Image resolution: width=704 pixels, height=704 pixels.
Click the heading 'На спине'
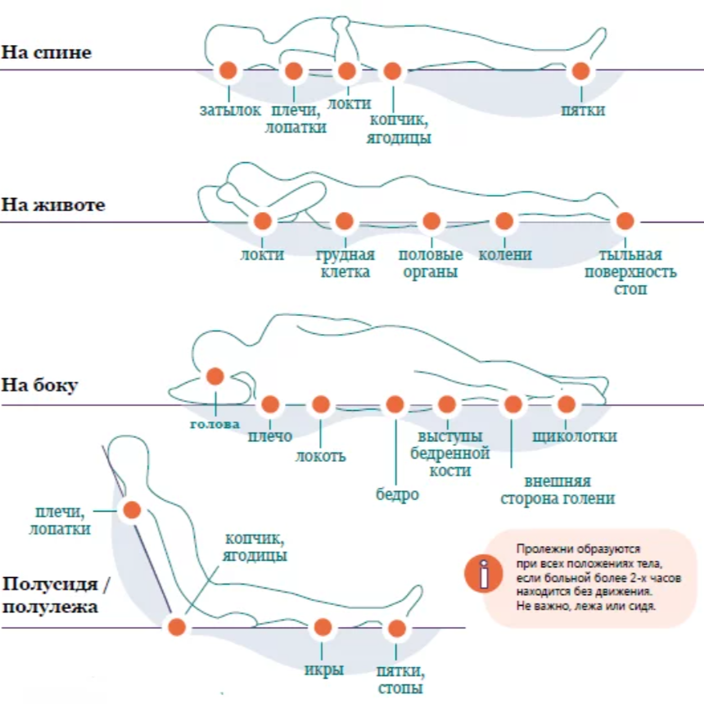(46, 52)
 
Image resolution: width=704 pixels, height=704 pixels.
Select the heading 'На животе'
(53, 205)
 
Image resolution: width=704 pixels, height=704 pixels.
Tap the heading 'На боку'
(39, 386)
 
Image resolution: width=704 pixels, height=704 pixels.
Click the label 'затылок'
(230, 110)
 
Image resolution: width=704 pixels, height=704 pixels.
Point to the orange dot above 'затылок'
(228, 70)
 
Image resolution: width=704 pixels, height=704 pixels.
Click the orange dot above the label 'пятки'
(580, 70)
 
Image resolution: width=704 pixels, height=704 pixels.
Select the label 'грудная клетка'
(345, 263)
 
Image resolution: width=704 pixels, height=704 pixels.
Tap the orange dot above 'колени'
(504, 221)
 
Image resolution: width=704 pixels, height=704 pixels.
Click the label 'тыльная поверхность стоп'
(630, 272)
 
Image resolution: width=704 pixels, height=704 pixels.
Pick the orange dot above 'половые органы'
(431, 221)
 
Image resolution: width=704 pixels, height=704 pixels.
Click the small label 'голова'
(215, 424)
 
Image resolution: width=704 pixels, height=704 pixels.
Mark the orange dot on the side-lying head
(215, 377)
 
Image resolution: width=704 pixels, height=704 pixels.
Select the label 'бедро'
(397, 494)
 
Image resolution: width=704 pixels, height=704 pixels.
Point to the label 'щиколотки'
(575, 436)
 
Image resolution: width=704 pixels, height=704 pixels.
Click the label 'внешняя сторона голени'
(557, 490)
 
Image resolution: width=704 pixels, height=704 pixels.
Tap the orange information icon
(484, 573)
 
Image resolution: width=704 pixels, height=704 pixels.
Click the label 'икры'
(324, 670)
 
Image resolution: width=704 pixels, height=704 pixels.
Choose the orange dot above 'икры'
(323, 627)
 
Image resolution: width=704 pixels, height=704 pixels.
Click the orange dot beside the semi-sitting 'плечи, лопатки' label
(132, 510)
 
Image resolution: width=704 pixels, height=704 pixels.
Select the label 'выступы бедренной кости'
(450, 454)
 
